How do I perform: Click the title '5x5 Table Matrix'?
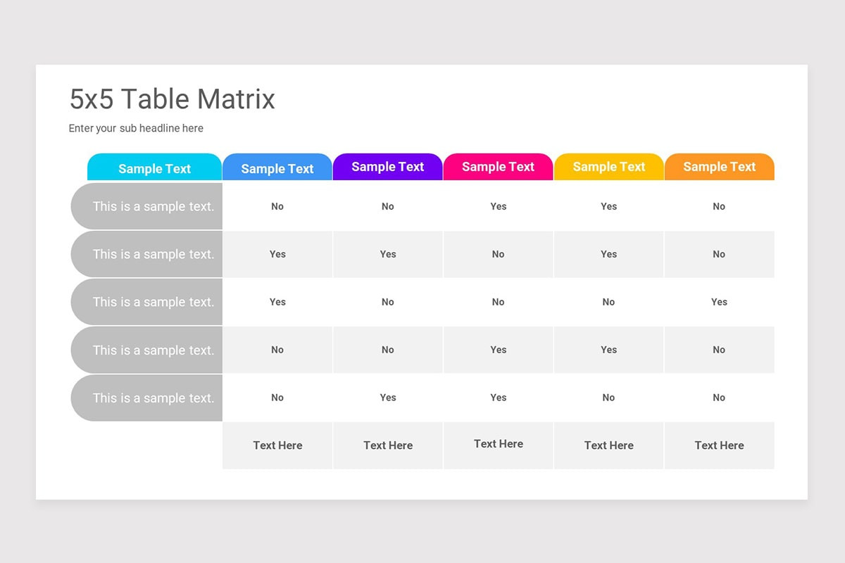click(x=172, y=99)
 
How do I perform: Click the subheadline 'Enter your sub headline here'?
click(x=136, y=128)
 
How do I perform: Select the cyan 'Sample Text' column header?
click(x=154, y=168)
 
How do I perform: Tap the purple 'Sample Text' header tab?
click(x=387, y=167)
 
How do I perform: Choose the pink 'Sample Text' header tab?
click(x=498, y=167)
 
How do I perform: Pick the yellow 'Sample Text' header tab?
click(x=608, y=167)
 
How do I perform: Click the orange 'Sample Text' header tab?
click(x=719, y=167)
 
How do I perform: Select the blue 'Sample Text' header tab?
click(x=277, y=168)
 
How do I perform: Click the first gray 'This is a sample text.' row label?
click(x=153, y=206)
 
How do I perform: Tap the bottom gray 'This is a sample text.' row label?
click(x=153, y=398)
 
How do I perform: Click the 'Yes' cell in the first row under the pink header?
click(x=498, y=206)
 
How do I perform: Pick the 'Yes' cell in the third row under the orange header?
click(x=719, y=302)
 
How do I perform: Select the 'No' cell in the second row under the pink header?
click(x=498, y=254)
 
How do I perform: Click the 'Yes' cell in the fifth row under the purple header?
click(x=387, y=398)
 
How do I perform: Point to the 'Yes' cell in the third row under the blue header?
click(x=277, y=302)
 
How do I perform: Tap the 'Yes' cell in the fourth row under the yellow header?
click(x=608, y=350)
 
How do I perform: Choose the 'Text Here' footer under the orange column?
click(x=719, y=445)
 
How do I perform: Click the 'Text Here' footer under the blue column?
click(x=277, y=445)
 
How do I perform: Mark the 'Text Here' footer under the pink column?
click(x=498, y=444)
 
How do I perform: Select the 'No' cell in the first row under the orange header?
click(x=719, y=206)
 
